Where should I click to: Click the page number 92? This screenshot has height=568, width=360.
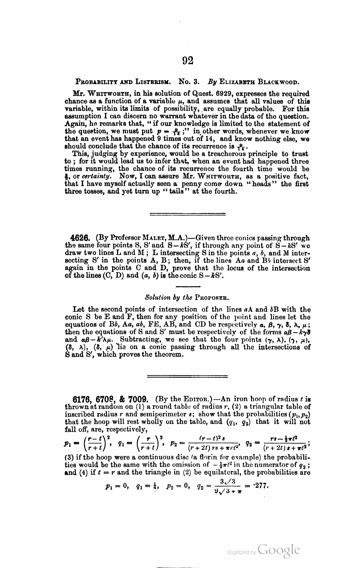tap(187, 61)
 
